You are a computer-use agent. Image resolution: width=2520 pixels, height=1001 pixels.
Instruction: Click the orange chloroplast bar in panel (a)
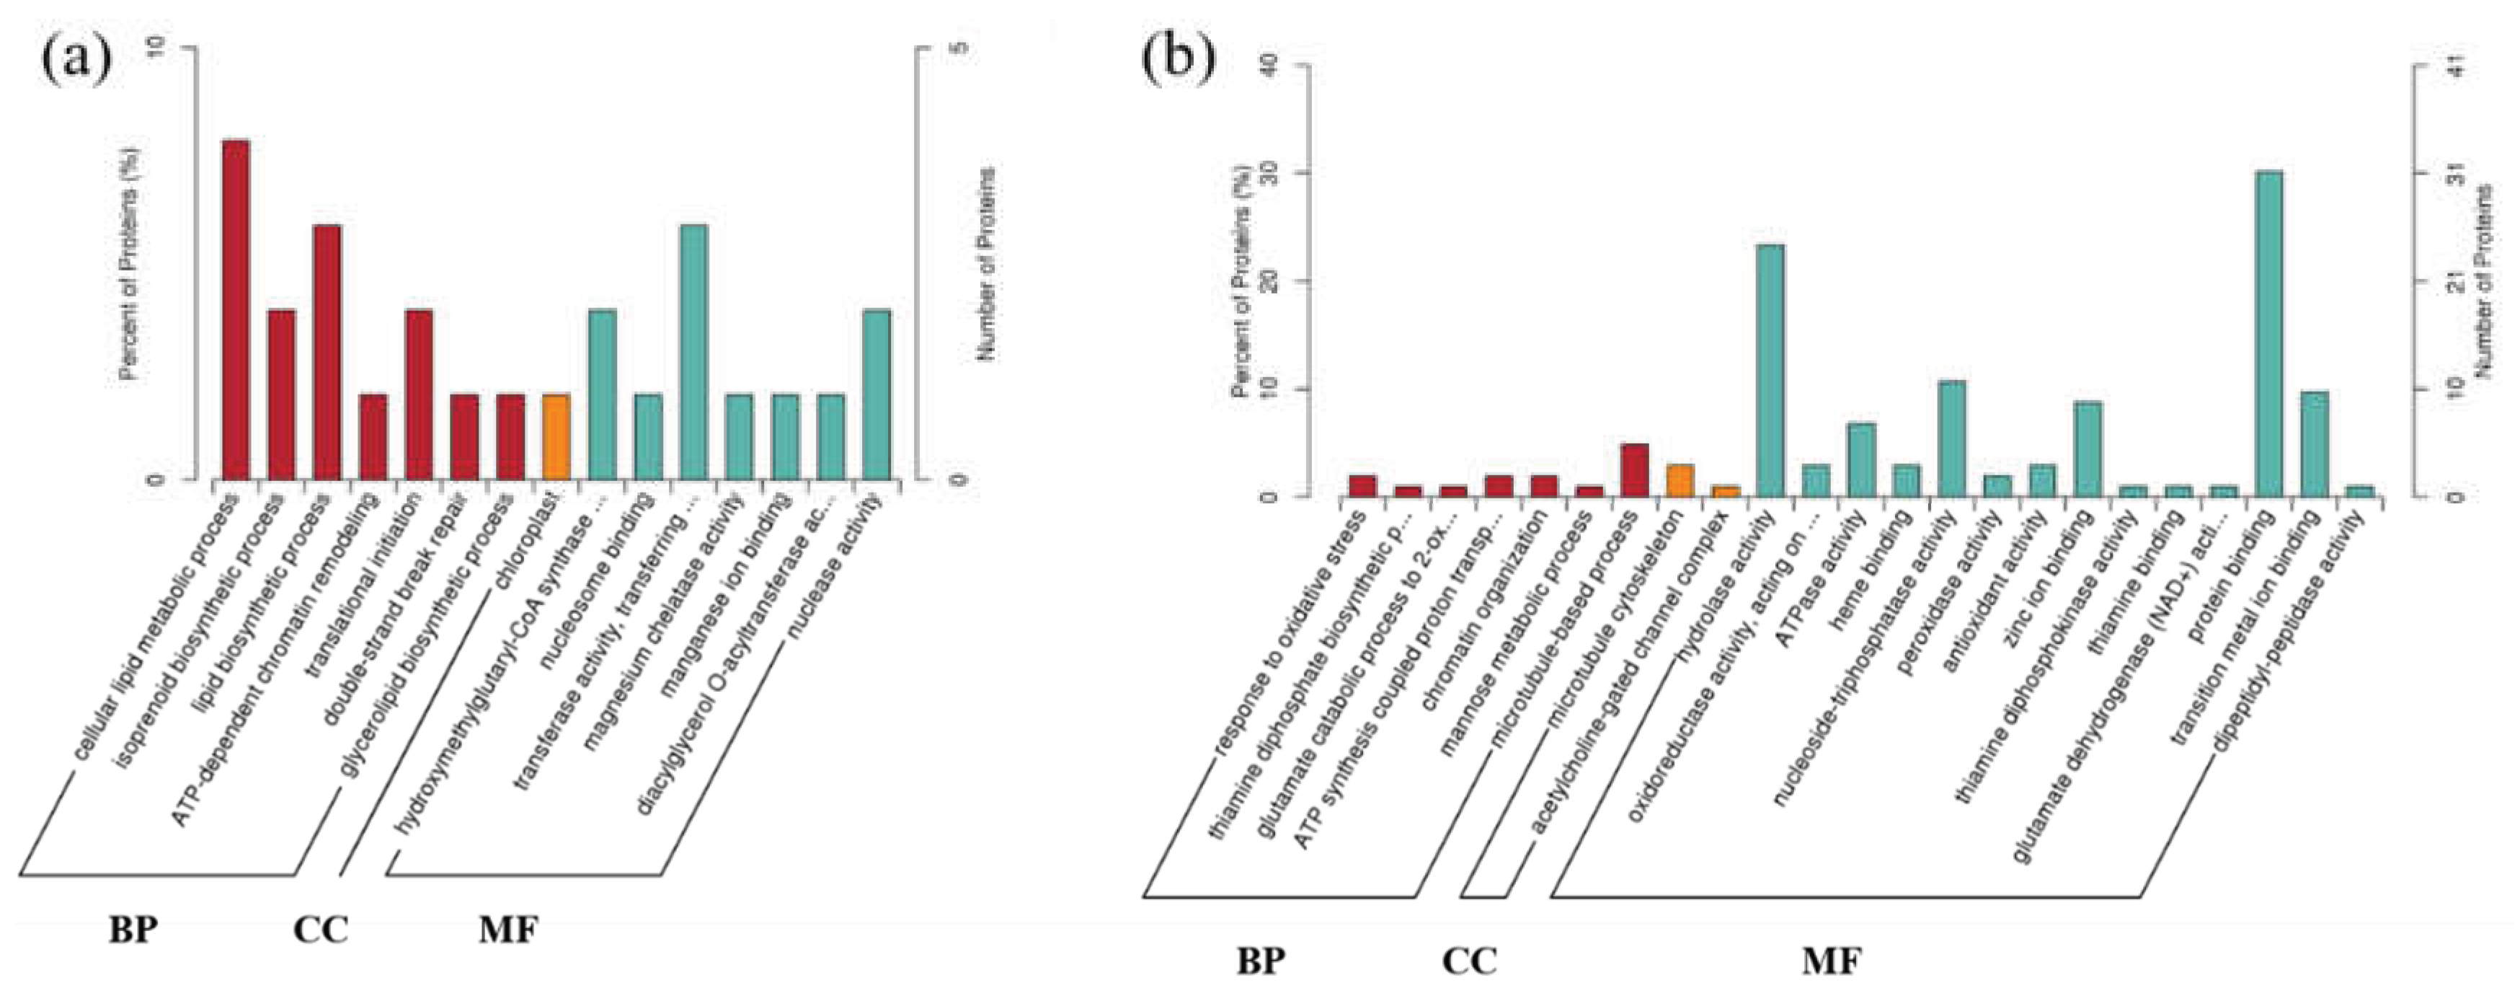(556, 437)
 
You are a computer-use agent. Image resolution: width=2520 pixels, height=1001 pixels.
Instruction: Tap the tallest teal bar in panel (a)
(693, 352)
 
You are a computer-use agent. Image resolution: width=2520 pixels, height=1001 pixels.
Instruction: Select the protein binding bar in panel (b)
(2268, 334)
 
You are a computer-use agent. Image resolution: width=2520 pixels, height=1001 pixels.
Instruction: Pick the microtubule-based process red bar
(1633, 471)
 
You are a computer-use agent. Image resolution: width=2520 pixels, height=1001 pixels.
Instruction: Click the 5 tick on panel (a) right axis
(957, 47)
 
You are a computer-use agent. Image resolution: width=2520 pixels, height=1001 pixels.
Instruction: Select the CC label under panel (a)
(321, 930)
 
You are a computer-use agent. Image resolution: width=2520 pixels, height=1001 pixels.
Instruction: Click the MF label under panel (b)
(1832, 963)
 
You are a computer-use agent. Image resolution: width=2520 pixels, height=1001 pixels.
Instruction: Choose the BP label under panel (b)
(1259, 963)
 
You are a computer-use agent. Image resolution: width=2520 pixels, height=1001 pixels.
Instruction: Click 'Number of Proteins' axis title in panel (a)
(986, 264)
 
